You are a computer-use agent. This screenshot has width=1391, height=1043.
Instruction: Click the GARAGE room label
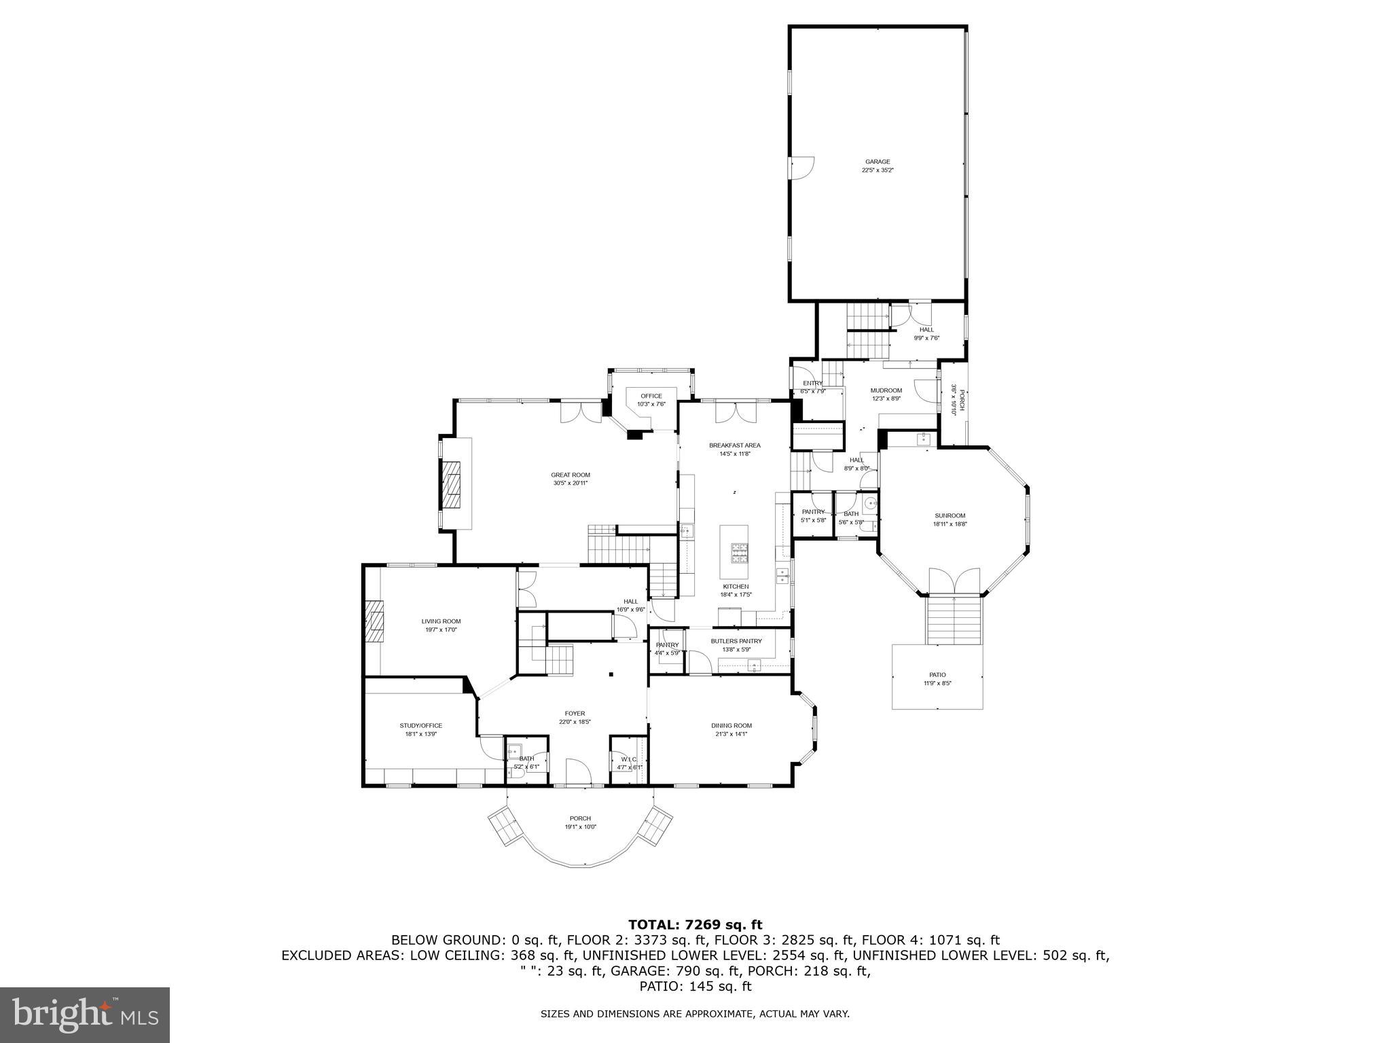click(x=878, y=162)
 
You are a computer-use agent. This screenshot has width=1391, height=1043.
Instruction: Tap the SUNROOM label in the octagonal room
click(x=949, y=515)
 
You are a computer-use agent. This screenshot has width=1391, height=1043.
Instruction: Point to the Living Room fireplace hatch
click(x=373, y=621)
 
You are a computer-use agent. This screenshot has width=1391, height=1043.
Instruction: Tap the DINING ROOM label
click(x=731, y=725)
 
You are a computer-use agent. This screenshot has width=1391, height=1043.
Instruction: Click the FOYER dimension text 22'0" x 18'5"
click(x=575, y=722)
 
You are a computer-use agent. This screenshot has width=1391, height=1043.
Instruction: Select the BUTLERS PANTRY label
click(x=736, y=641)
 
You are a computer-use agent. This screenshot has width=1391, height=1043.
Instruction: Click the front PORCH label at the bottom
click(x=580, y=818)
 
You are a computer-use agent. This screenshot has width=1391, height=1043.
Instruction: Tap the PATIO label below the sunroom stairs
click(x=937, y=675)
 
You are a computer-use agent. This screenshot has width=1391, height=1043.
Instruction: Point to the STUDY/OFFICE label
click(x=420, y=725)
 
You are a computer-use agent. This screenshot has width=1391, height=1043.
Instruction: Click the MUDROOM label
click(x=886, y=390)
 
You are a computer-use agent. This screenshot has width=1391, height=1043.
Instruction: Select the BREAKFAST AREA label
click(x=734, y=445)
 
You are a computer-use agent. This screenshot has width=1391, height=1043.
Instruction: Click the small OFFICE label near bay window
click(x=651, y=396)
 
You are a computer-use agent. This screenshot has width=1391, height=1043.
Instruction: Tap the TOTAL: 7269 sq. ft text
click(x=695, y=924)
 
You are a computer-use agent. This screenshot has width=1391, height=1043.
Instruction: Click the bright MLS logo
click(x=85, y=1014)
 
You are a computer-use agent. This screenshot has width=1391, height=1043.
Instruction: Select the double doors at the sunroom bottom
click(x=954, y=581)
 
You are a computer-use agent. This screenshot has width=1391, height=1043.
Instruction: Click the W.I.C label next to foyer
click(x=628, y=759)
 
